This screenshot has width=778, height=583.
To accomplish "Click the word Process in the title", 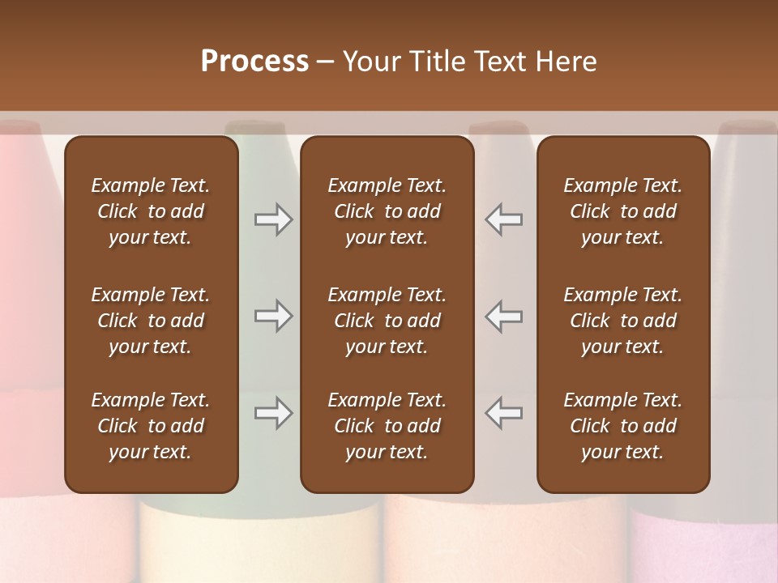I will coord(254,62).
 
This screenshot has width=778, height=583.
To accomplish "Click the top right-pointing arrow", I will coord(273,219).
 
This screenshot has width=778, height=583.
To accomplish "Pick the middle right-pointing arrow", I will coord(273,316).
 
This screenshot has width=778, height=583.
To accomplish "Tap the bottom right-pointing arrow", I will coord(273,413).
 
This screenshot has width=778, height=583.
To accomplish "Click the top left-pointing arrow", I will coord(504,219).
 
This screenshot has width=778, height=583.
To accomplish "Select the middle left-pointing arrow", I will coord(504,316).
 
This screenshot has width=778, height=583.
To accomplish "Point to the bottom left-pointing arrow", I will coord(504,413).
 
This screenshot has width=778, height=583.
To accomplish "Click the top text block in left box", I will coord(151,211).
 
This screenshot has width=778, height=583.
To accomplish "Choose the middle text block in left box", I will coord(151,321).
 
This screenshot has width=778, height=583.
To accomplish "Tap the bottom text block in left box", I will coord(151,426).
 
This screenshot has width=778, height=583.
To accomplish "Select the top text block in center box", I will coord(387,211).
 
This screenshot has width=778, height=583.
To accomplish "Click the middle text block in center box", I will coord(387,321).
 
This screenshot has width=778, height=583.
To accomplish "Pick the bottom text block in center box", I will coord(387,426).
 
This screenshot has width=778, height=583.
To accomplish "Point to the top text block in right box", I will coord(623,211).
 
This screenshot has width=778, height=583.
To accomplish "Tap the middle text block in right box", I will coord(623,321).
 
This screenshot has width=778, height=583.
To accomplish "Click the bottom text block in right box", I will coord(623,426).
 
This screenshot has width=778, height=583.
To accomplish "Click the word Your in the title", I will coord(369,62).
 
